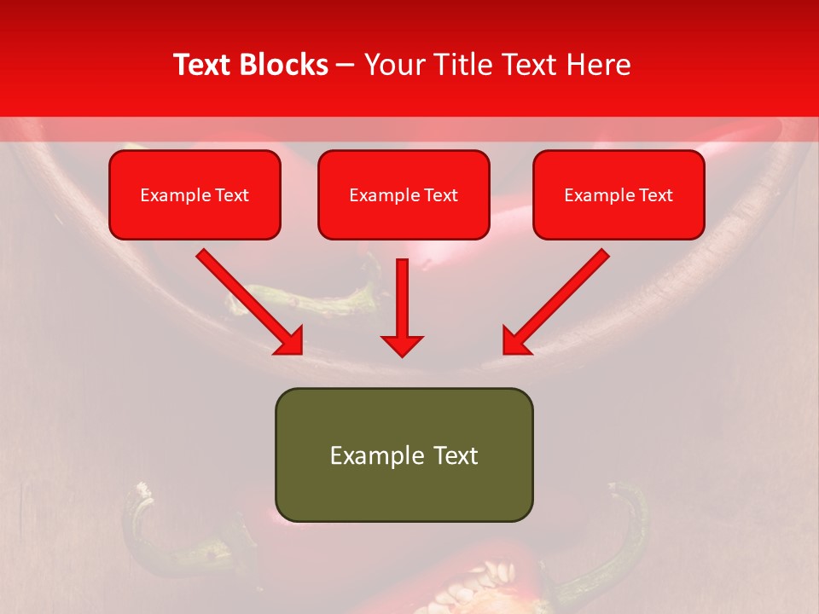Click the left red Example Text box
pos(195,195)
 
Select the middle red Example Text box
pos(404,195)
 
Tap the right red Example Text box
pos(619,195)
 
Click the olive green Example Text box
pos(404,455)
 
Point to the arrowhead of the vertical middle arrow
pos(402,345)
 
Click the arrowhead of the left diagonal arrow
pos(290,341)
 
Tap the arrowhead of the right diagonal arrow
pos(514,341)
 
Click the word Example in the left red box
pos(168,195)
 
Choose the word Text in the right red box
pos(656,195)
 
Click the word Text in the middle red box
pos(441,195)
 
